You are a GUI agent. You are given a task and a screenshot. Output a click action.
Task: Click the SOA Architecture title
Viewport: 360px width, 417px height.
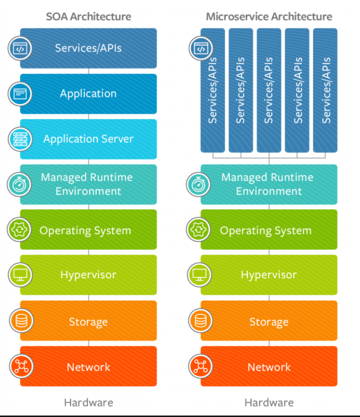(x=88, y=17)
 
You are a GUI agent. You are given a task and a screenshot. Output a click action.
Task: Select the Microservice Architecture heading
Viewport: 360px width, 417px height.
(x=269, y=17)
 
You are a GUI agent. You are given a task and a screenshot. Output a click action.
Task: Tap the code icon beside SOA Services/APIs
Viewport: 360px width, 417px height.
(x=20, y=48)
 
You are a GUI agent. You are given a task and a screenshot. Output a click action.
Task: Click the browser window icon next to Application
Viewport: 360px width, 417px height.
(x=20, y=93)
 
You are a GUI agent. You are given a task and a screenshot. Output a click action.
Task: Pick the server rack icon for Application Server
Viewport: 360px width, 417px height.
(x=20, y=139)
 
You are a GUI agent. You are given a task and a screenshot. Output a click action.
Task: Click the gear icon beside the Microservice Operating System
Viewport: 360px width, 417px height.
(x=199, y=230)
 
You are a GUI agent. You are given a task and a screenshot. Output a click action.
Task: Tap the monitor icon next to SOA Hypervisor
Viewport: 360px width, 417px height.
(x=20, y=275)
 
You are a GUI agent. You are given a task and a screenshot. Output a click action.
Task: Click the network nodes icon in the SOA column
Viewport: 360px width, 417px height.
(x=20, y=366)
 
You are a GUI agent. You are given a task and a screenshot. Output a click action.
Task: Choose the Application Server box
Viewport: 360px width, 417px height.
(x=88, y=139)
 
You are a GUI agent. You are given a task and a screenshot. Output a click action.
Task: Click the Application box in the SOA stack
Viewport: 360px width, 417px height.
(x=88, y=93)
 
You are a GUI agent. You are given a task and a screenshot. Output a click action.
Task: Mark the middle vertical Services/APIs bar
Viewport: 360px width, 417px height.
(x=269, y=90)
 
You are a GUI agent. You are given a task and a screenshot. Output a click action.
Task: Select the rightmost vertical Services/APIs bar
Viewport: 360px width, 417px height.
(x=325, y=90)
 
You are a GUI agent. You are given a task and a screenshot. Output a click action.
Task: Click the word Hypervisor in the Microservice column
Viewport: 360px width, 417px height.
(x=269, y=275)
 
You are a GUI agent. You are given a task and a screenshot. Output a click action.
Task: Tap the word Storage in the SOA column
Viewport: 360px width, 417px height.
(x=88, y=322)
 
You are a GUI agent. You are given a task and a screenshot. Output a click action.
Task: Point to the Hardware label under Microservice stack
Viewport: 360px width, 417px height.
(x=269, y=402)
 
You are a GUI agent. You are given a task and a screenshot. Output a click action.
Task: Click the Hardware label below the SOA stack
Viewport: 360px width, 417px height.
(x=88, y=402)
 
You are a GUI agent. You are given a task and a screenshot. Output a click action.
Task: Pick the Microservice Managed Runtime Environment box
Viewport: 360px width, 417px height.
(x=269, y=184)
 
